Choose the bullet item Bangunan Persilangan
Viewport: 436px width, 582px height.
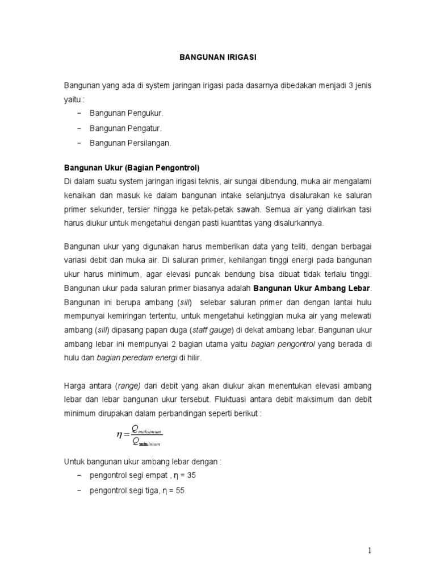tap(130, 143)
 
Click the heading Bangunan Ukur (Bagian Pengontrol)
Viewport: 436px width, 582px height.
tap(132, 168)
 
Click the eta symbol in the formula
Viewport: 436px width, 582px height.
tap(119, 435)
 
